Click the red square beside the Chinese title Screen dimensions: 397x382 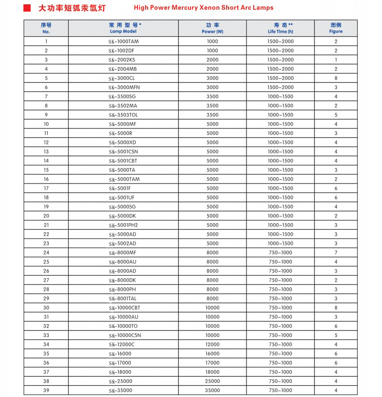coord(27,8)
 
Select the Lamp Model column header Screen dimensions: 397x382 coord(123,28)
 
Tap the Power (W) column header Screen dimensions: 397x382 coord(212,28)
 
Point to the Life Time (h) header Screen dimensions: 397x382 coord(280,28)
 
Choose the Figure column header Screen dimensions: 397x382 coord(336,28)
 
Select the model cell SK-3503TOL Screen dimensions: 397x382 coord(123,115)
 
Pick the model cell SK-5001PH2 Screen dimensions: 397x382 coord(123,225)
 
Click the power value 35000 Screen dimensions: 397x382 coord(212,390)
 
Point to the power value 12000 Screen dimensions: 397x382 coord(212,344)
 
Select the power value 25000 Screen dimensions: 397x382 coord(212,381)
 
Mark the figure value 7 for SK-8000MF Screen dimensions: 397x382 coord(336,253)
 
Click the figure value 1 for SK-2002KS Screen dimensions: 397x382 coord(336,60)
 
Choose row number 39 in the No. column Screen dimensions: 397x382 coord(46,390)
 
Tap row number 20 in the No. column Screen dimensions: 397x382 coord(46,216)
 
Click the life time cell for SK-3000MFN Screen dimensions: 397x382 coord(280,87)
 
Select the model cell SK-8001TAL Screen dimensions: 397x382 coord(123,298)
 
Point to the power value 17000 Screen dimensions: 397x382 coord(212,363)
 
